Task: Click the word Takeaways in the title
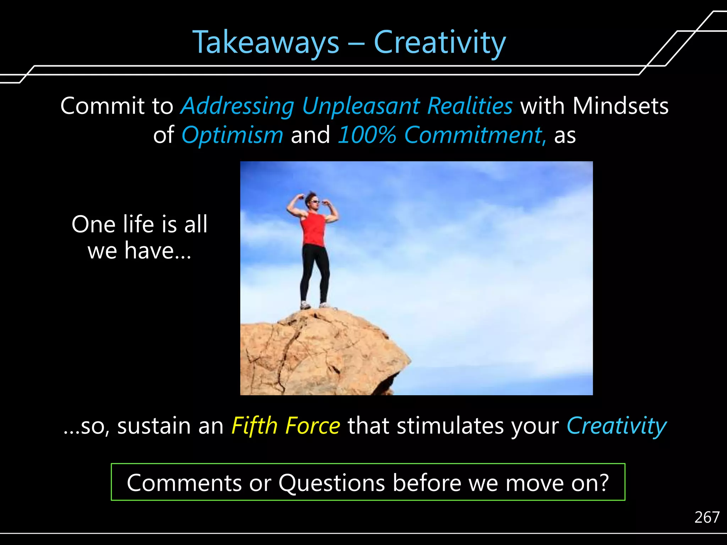(266, 43)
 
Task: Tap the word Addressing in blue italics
(237, 106)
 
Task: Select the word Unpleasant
(361, 106)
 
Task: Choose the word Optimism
(232, 135)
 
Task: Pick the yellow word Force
(313, 425)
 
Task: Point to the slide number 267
(707, 517)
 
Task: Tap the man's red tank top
(313, 229)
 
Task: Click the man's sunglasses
(315, 202)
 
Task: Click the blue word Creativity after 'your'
(617, 425)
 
